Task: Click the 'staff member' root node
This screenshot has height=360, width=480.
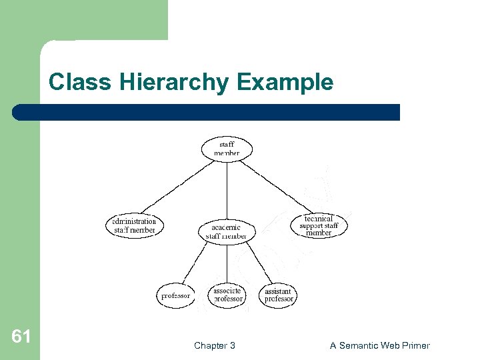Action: (x=227, y=149)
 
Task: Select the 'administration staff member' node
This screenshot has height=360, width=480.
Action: (x=134, y=226)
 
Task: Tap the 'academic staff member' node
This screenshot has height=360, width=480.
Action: (x=227, y=231)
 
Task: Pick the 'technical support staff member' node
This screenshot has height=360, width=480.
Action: (x=319, y=226)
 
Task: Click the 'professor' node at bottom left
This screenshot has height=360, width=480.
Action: (x=175, y=295)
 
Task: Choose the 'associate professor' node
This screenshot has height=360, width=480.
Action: (x=228, y=295)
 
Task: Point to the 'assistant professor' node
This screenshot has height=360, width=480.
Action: (x=279, y=295)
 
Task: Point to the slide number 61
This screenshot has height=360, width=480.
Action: (x=21, y=337)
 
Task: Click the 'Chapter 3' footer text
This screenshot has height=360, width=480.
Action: (x=214, y=345)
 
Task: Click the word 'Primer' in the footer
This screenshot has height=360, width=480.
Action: (x=415, y=345)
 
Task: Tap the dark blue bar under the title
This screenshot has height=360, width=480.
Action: (x=207, y=112)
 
